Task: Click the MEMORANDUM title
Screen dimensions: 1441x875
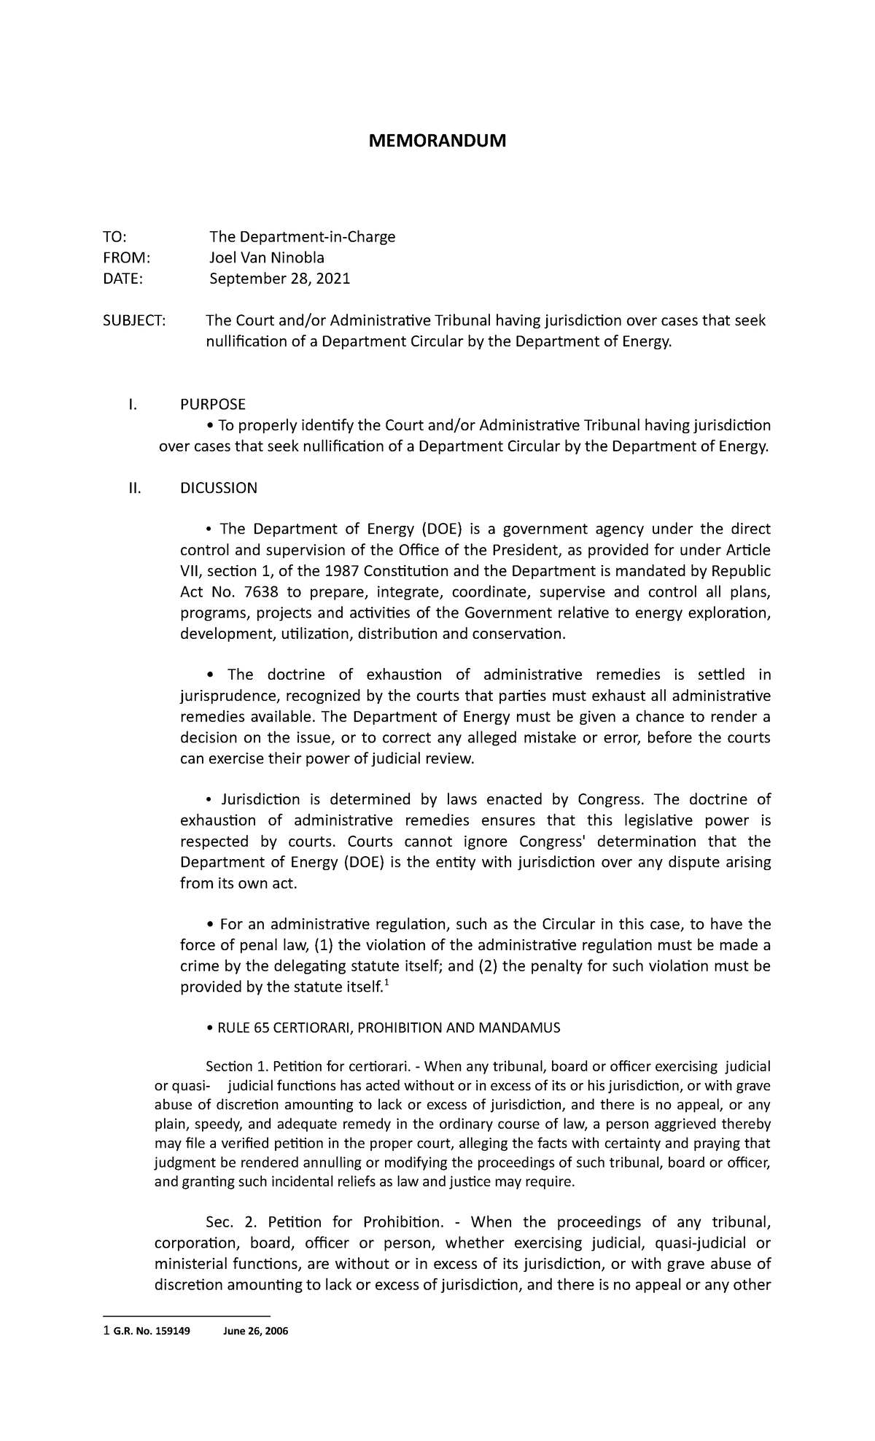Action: (437, 141)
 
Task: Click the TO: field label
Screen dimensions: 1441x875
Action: (114, 236)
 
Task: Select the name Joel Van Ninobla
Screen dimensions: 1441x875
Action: (267, 257)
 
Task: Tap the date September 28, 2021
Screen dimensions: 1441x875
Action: (280, 279)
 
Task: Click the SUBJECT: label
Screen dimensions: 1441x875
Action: (133, 320)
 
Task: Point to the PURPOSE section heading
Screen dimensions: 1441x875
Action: (212, 404)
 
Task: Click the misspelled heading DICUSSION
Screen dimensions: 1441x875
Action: (219, 488)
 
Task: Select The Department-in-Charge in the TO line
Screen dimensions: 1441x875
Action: (303, 236)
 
